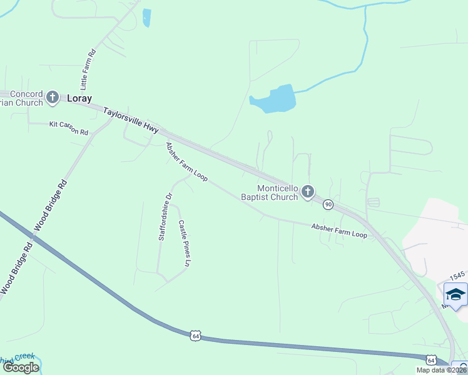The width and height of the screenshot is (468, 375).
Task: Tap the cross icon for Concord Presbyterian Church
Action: tap(53, 97)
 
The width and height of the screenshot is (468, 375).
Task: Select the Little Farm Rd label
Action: tap(88, 69)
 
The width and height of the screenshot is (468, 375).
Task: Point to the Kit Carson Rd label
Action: tap(69, 125)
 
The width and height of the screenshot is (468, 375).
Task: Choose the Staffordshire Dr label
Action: tap(165, 217)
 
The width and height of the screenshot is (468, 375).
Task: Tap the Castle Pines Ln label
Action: tap(183, 244)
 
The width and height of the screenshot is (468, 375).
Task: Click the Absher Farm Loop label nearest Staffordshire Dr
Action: tap(186, 162)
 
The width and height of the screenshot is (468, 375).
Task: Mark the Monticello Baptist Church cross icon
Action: tap(307, 192)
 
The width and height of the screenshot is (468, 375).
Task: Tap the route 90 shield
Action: tap(328, 204)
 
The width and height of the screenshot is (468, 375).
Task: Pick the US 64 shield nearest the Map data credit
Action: tap(431, 359)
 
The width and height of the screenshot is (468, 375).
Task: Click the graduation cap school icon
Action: tap(455, 294)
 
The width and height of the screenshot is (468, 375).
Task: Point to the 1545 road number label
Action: tap(458, 276)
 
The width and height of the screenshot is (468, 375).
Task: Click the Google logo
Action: tap(20, 367)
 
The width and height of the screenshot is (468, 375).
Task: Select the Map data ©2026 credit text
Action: tap(441, 370)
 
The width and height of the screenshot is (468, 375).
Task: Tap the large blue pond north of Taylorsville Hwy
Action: tap(275, 99)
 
